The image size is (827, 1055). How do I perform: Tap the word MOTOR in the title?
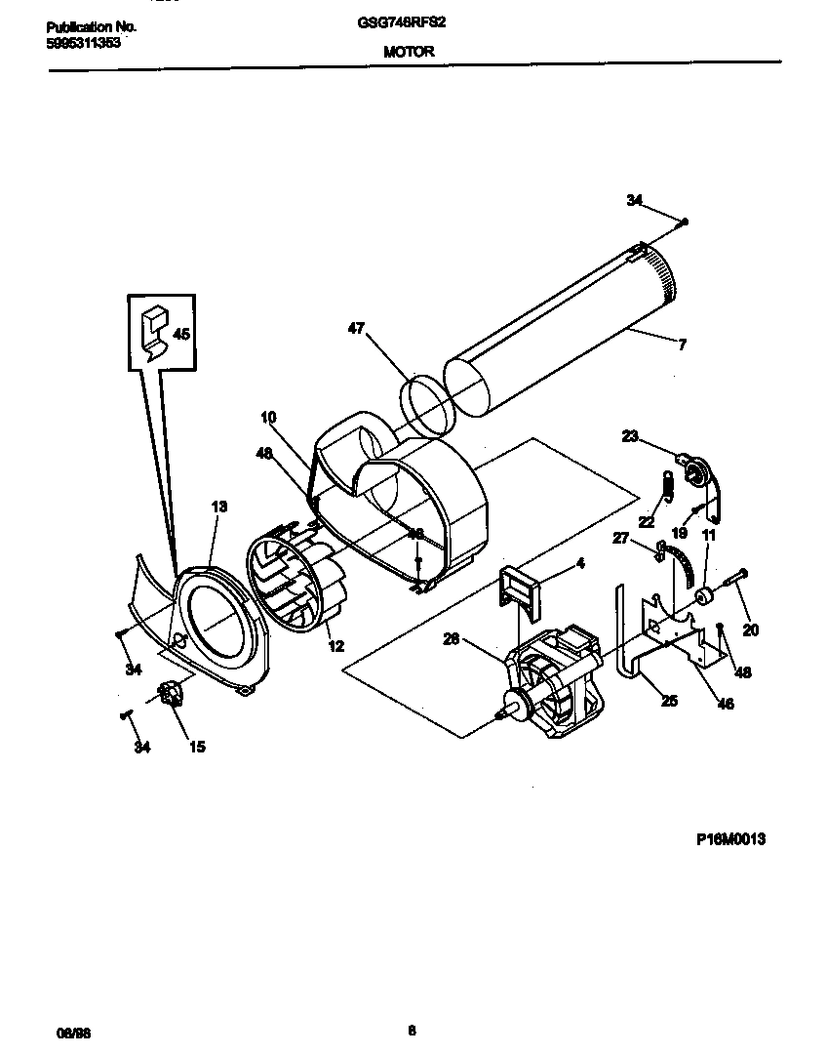coord(409,53)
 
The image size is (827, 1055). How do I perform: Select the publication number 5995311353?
coord(83,44)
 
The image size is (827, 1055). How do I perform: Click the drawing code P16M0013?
coord(730,838)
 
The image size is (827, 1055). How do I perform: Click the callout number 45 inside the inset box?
coord(180,334)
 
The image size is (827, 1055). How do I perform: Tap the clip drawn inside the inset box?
coord(153,331)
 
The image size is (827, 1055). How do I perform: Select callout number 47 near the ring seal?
coord(356,329)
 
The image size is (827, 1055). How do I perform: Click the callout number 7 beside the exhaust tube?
coord(682,343)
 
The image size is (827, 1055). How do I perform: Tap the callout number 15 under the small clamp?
coord(197,748)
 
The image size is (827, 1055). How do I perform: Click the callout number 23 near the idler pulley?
coord(630,436)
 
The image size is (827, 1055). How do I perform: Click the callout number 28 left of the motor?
coord(451,640)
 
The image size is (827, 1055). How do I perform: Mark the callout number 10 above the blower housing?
coord(268,417)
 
